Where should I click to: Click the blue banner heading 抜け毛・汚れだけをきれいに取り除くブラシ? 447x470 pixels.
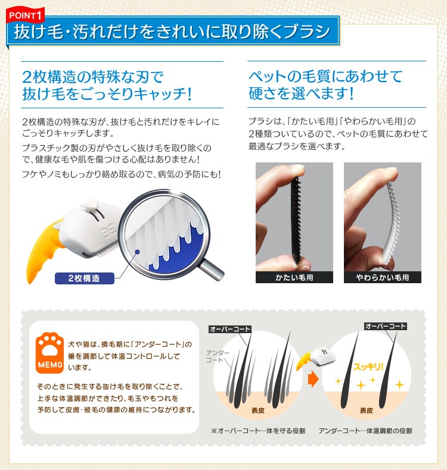173,32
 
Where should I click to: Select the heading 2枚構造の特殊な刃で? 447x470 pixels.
92,76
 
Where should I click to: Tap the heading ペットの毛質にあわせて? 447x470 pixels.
325,76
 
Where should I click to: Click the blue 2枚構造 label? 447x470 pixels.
83,278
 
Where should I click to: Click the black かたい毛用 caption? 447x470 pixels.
294,277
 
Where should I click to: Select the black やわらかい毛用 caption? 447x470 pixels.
382,277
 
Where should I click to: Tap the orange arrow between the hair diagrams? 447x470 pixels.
313,378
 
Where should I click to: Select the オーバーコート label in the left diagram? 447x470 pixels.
230,329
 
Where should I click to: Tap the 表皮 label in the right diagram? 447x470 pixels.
367,411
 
